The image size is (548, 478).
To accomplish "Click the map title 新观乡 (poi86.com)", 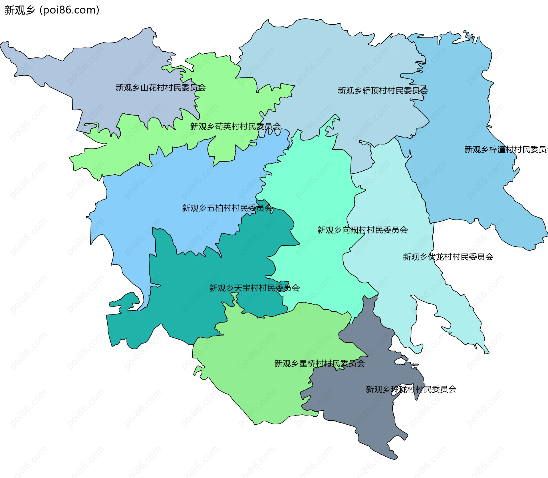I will (x=52, y=10).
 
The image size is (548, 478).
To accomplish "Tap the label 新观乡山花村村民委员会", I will (x=160, y=88).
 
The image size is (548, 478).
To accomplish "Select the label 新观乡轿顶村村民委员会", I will (x=382, y=91).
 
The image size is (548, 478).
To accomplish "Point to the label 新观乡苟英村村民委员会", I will (x=235, y=126).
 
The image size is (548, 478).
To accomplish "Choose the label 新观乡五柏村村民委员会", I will (x=227, y=208).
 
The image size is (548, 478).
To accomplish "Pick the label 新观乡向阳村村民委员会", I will (x=362, y=230).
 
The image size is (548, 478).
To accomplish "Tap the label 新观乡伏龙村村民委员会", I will (x=448, y=257).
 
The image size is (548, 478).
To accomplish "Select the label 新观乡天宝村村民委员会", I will (x=254, y=288).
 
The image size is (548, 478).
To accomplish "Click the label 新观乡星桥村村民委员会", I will (x=319, y=364).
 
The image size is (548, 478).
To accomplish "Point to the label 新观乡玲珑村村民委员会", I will (x=411, y=389).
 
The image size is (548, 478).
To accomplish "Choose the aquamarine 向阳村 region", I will (x=314, y=185).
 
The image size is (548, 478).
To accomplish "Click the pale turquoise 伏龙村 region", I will (x=400, y=285).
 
